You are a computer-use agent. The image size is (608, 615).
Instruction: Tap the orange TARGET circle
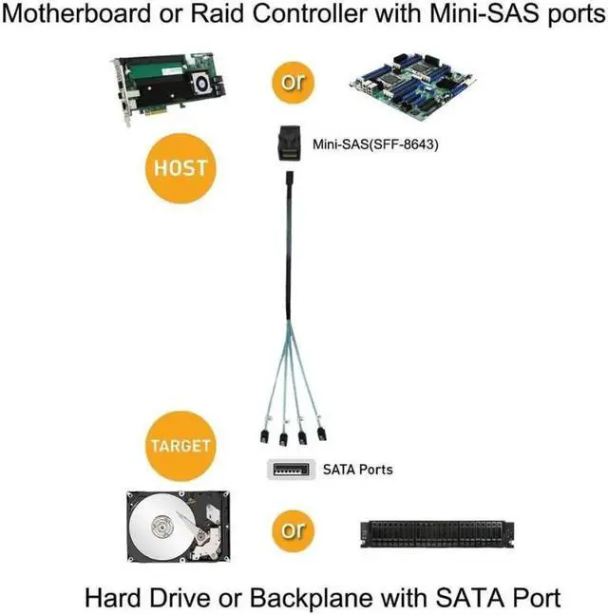(x=177, y=446)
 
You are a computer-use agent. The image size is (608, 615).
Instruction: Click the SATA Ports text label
(x=358, y=470)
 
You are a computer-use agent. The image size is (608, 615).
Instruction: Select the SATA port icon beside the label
(x=289, y=470)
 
